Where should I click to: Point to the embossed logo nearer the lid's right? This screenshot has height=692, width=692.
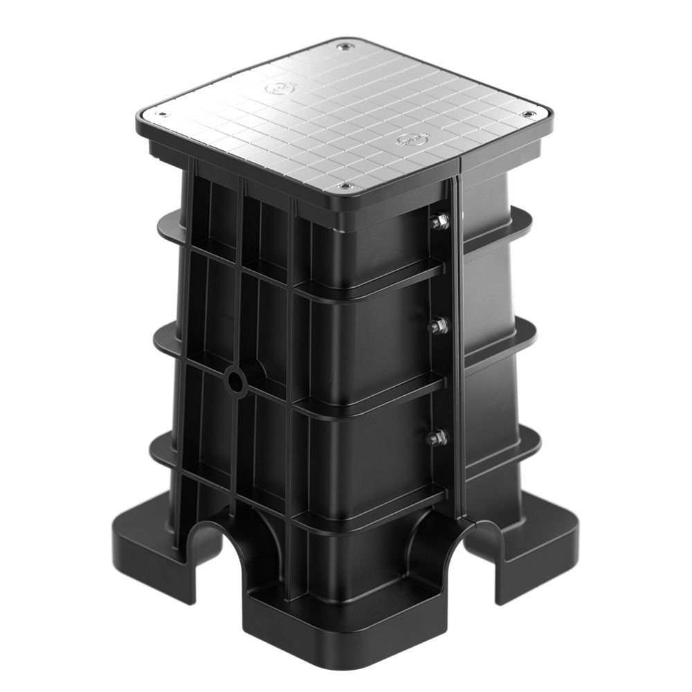click(408, 141)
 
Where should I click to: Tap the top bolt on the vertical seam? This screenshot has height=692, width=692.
click(438, 222)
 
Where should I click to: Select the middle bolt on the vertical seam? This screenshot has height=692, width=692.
click(437, 325)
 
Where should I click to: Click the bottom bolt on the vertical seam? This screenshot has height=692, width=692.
click(436, 437)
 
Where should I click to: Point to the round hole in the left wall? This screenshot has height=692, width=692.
click(235, 381)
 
